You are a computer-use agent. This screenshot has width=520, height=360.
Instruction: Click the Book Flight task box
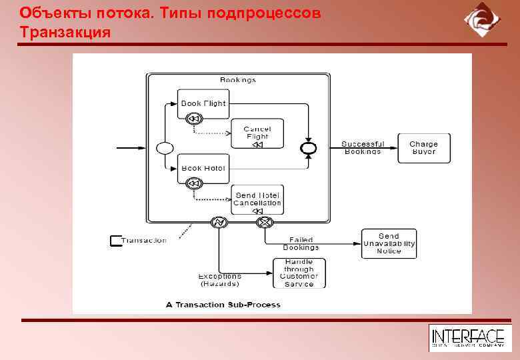(203, 103)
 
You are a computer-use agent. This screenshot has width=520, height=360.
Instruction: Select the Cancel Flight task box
(257, 133)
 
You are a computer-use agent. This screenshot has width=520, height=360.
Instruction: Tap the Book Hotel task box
(203, 168)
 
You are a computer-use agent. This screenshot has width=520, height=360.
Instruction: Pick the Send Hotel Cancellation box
(257, 199)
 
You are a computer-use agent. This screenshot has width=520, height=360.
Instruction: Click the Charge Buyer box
(423, 148)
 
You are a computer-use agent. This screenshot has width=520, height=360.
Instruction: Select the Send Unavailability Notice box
(389, 243)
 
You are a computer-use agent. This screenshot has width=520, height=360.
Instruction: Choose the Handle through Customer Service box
(299, 273)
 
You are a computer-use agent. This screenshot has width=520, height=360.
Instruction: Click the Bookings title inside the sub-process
(238, 80)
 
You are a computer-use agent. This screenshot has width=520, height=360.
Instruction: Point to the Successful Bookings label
(363, 147)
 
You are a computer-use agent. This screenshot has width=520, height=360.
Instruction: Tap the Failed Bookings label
(301, 243)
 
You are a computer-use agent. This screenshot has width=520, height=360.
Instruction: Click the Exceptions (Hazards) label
(219, 280)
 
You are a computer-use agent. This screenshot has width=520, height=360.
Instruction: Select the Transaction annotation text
(145, 241)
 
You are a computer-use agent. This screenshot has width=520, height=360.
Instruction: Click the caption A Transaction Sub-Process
(223, 305)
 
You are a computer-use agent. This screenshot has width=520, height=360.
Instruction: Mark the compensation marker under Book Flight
(194, 119)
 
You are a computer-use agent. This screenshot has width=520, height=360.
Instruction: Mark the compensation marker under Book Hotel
(194, 183)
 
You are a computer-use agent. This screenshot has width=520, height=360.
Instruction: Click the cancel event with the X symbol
(265, 222)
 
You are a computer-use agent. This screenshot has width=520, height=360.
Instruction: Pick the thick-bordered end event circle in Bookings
(308, 148)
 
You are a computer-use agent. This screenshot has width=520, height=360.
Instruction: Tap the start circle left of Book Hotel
(164, 148)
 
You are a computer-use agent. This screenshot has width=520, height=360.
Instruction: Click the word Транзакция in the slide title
(65, 31)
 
